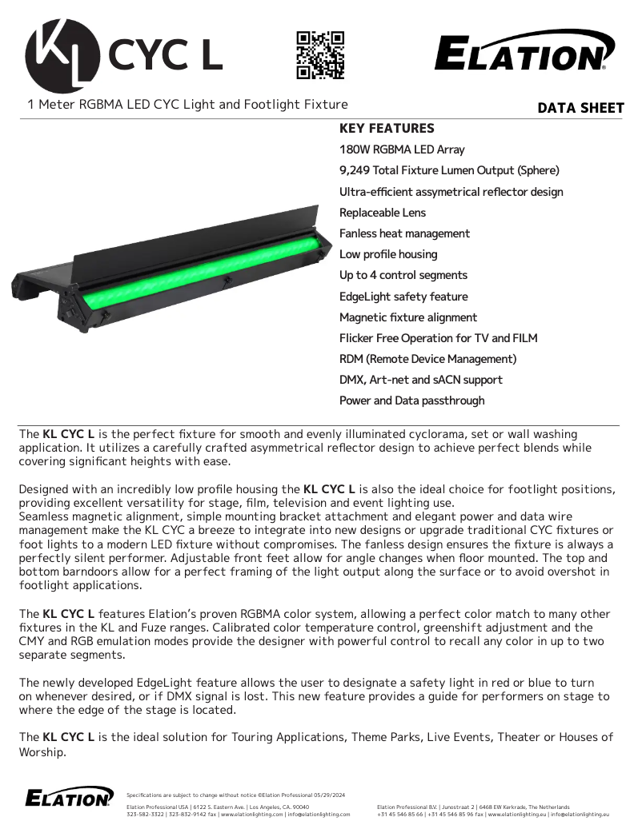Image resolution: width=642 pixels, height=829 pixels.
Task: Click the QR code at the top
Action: [320, 55]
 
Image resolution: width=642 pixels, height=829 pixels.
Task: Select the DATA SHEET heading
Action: [580, 108]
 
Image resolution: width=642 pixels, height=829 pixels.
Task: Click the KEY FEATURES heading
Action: [387, 129]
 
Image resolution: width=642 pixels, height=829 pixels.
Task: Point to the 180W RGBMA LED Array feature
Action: [402, 149]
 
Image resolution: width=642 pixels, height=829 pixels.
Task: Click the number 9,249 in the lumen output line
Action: [355, 170]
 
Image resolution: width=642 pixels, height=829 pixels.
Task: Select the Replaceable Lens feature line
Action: [383, 213]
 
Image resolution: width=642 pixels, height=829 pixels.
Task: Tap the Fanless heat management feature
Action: [404, 233]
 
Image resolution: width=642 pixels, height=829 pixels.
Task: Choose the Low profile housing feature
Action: [388, 254]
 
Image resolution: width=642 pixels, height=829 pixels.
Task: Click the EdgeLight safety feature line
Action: [403, 296]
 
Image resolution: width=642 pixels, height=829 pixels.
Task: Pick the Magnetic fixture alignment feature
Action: [408, 317]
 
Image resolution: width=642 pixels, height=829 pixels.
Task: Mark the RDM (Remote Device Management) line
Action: [427, 359]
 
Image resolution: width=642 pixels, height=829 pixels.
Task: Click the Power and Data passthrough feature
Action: [411, 401]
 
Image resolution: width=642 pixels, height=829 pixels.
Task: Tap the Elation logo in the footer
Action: [69, 797]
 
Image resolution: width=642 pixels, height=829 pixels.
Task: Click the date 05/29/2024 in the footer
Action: [328, 795]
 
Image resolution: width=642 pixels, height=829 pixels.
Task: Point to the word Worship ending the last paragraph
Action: [42, 752]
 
